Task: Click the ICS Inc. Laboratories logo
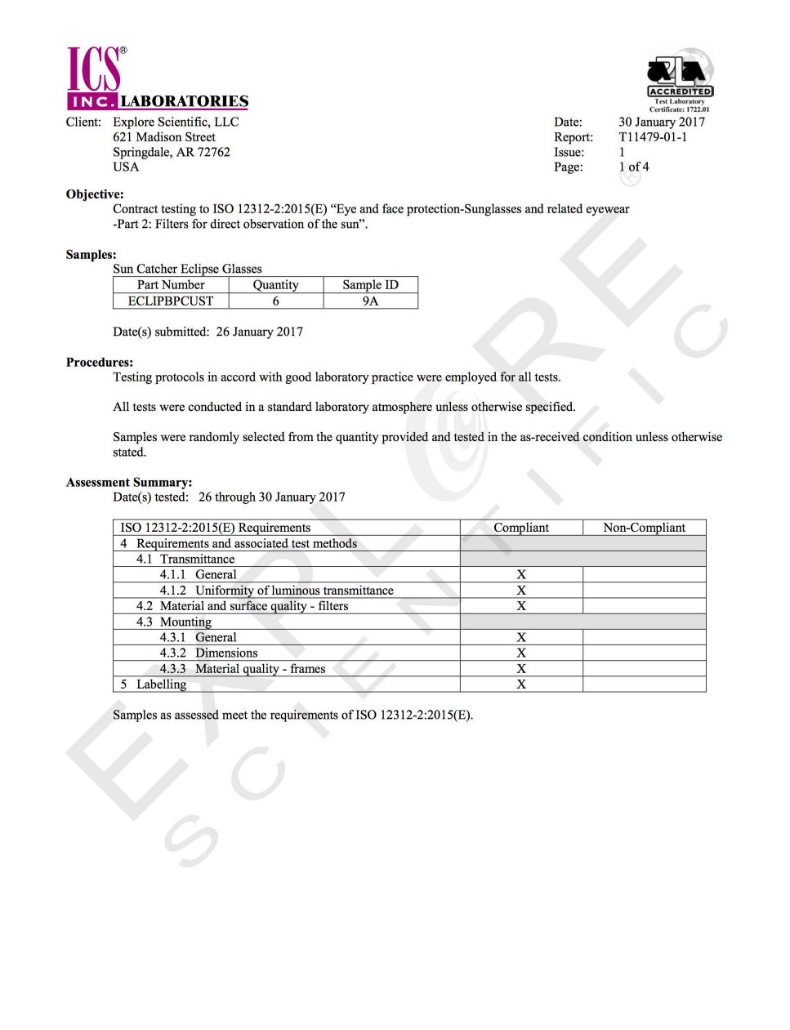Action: (157, 78)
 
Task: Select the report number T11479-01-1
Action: (652, 137)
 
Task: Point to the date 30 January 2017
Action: (661, 122)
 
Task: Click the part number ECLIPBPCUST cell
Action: (171, 301)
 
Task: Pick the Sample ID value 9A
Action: (370, 301)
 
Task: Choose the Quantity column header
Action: (275, 285)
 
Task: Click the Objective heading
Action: (95, 194)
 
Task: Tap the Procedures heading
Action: (100, 362)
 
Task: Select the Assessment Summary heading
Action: (129, 482)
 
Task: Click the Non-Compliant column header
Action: (644, 528)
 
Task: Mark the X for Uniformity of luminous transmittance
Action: (521, 590)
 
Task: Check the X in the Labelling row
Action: (521, 684)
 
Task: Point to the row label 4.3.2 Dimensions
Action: (208, 653)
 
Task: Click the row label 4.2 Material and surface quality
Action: (242, 606)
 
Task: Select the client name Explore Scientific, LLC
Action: (176, 122)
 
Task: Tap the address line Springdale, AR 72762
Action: (172, 152)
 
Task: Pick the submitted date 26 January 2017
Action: (259, 332)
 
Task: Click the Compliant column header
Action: (520, 528)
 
